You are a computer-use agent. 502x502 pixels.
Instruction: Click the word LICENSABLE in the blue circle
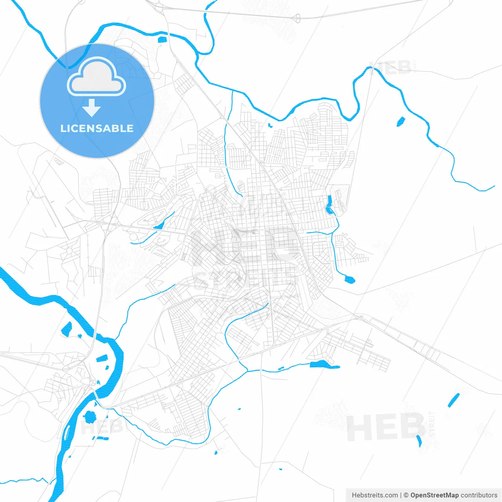click(x=97, y=128)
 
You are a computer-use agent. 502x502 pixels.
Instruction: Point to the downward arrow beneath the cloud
click(x=92, y=108)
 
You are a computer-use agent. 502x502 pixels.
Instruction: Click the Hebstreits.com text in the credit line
click(x=375, y=495)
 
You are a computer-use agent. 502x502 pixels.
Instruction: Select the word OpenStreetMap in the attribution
click(x=434, y=495)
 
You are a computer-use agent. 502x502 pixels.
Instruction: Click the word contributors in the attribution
click(x=479, y=495)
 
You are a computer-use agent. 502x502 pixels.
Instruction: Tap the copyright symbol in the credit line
click(x=406, y=495)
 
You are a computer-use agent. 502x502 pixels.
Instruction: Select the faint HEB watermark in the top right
click(x=390, y=68)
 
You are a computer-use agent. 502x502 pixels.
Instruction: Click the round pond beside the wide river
click(x=90, y=417)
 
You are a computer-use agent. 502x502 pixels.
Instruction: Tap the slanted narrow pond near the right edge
click(x=453, y=400)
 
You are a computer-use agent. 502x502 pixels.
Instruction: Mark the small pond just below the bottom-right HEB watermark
click(x=419, y=441)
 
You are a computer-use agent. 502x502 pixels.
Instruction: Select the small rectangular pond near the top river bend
click(x=162, y=39)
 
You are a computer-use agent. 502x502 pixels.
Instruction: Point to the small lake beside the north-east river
click(x=400, y=122)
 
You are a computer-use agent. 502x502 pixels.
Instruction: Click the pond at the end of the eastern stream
click(x=349, y=279)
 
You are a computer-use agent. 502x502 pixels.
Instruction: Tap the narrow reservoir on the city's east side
click(x=329, y=205)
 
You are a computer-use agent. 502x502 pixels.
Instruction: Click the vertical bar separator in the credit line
click(x=401, y=495)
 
